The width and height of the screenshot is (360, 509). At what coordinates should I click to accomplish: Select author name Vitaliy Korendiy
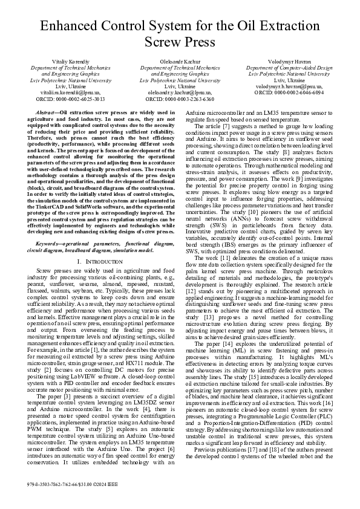click(70, 63)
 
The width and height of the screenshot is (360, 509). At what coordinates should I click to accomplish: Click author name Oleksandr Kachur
click(180, 63)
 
